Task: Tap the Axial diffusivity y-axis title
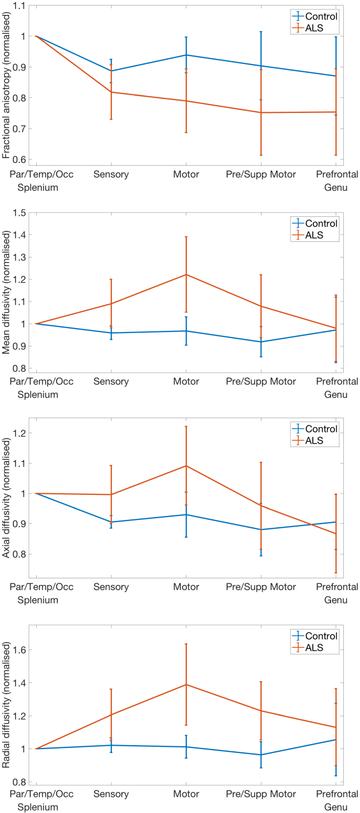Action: click(x=7, y=498)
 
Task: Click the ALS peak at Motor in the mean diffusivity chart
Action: click(x=186, y=274)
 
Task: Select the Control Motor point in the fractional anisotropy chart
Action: click(x=186, y=55)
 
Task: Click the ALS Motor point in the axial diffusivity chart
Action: click(x=186, y=465)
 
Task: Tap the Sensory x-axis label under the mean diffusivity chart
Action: click(x=111, y=381)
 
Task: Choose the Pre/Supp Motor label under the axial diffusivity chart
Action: click(x=260, y=587)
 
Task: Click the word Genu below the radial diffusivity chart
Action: click(x=336, y=806)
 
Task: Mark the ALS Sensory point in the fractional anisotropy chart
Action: click(x=111, y=92)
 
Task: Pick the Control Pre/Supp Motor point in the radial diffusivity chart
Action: click(x=260, y=755)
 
